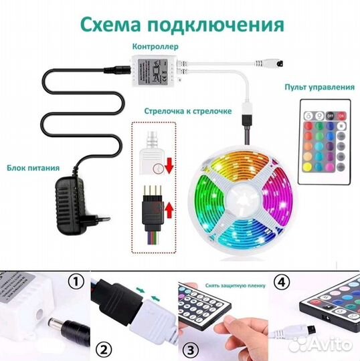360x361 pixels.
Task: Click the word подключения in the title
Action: (213, 25)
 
